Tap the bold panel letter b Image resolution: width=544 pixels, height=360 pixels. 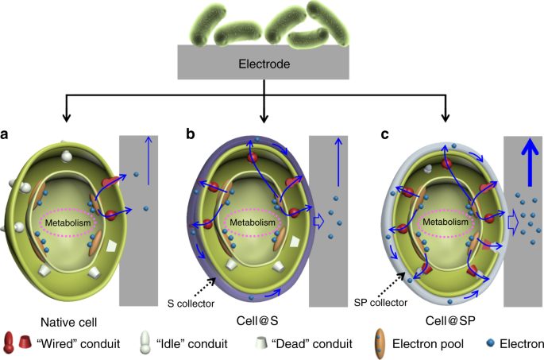(x=191, y=135)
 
